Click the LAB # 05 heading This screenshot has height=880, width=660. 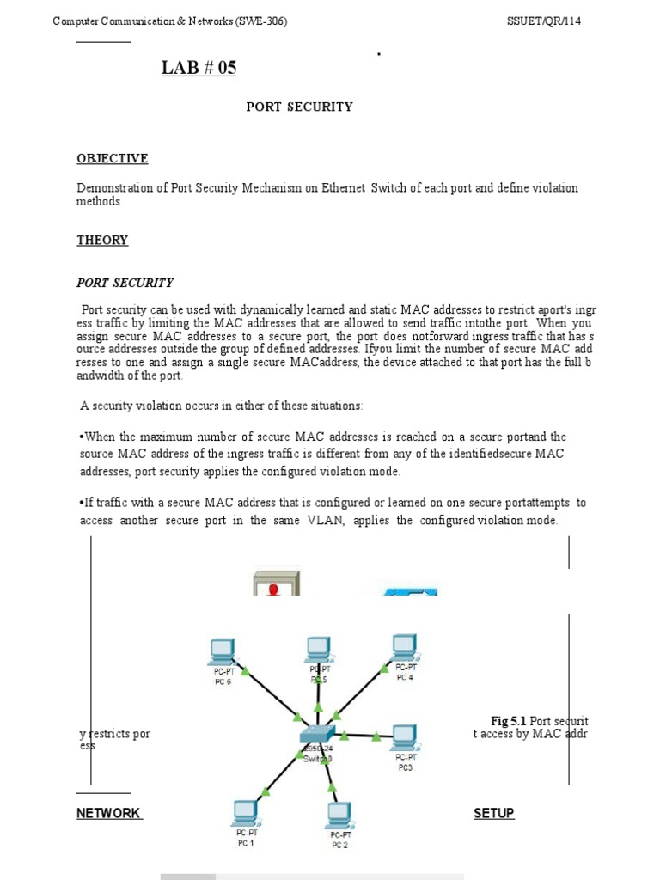tap(199, 69)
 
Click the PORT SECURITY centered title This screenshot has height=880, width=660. tap(299, 107)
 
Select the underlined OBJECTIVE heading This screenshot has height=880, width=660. tap(112, 158)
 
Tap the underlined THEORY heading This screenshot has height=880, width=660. tap(102, 241)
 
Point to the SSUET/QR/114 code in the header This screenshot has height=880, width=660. tap(544, 21)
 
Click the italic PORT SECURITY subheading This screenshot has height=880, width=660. tap(125, 282)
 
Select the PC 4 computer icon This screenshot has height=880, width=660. tap(404, 646)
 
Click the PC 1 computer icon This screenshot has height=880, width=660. tap(246, 812)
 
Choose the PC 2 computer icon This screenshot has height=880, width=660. tap(339, 813)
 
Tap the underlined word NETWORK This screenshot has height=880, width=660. tap(108, 813)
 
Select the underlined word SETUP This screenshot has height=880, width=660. tap(493, 813)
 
